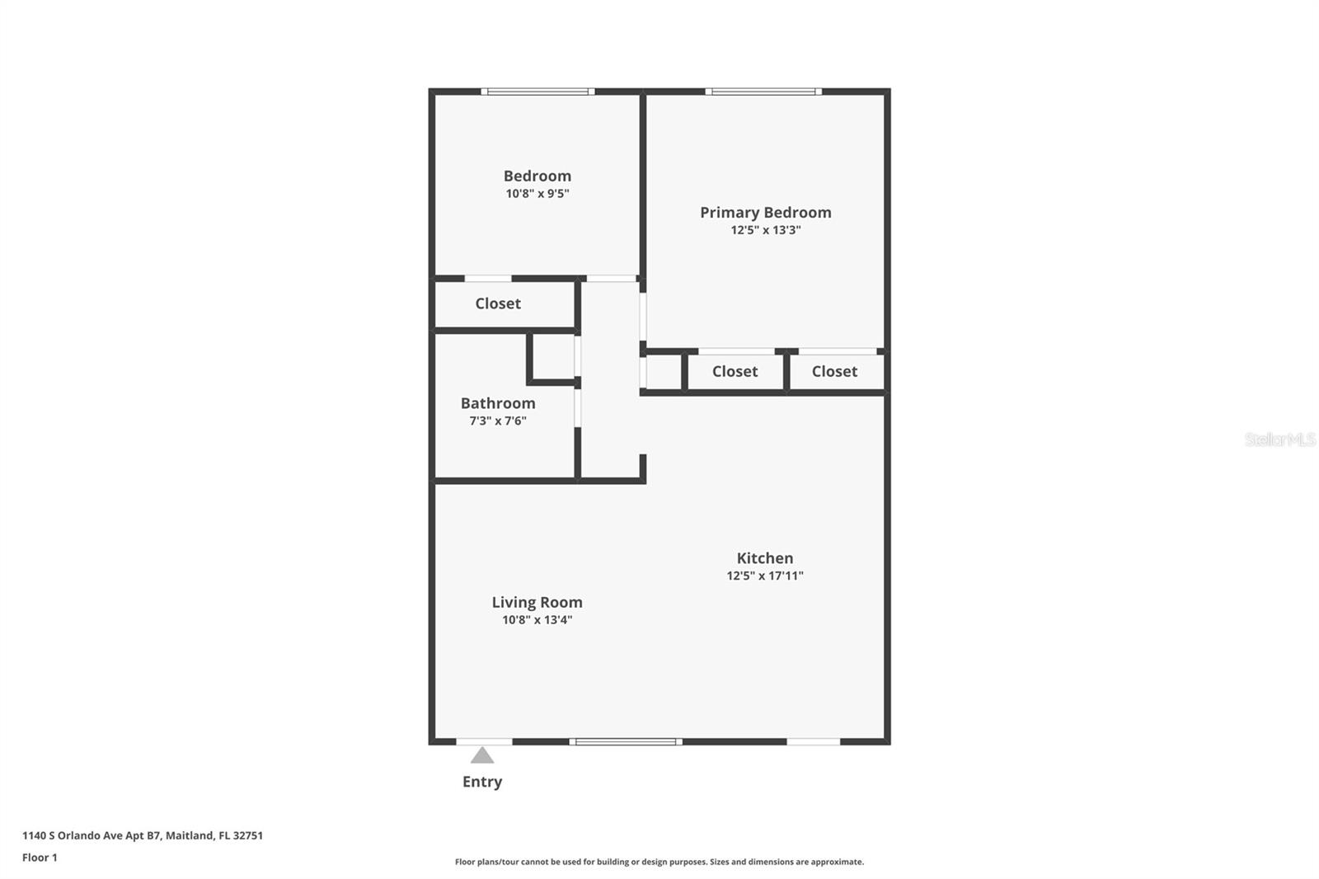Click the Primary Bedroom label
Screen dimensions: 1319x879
[766, 212]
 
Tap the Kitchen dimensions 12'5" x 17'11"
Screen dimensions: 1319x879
[765, 576]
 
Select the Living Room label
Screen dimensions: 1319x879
[537, 602]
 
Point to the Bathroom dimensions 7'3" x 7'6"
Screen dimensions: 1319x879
[498, 421]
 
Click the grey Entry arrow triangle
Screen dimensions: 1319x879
[482, 755]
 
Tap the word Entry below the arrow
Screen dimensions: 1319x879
[482, 782]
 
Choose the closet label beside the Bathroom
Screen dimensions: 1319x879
[498, 303]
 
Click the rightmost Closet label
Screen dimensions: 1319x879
[834, 371]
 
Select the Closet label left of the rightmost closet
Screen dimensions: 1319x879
[735, 371]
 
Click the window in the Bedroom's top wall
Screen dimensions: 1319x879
[537, 92]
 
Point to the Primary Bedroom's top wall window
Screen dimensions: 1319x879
[763, 92]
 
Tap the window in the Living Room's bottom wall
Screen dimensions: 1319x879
[626, 742]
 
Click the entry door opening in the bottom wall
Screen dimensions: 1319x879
[485, 742]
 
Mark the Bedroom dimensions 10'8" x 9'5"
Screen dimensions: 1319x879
[537, 193]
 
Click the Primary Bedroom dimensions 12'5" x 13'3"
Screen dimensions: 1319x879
[766, 230]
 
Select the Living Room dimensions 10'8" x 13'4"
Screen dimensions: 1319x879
[537, 620]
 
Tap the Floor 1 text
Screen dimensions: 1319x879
[40, 858]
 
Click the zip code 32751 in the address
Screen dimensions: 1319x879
[248, 835]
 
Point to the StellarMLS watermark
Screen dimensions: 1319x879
[1280, 439]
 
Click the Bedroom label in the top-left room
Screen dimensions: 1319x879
[537, 176]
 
